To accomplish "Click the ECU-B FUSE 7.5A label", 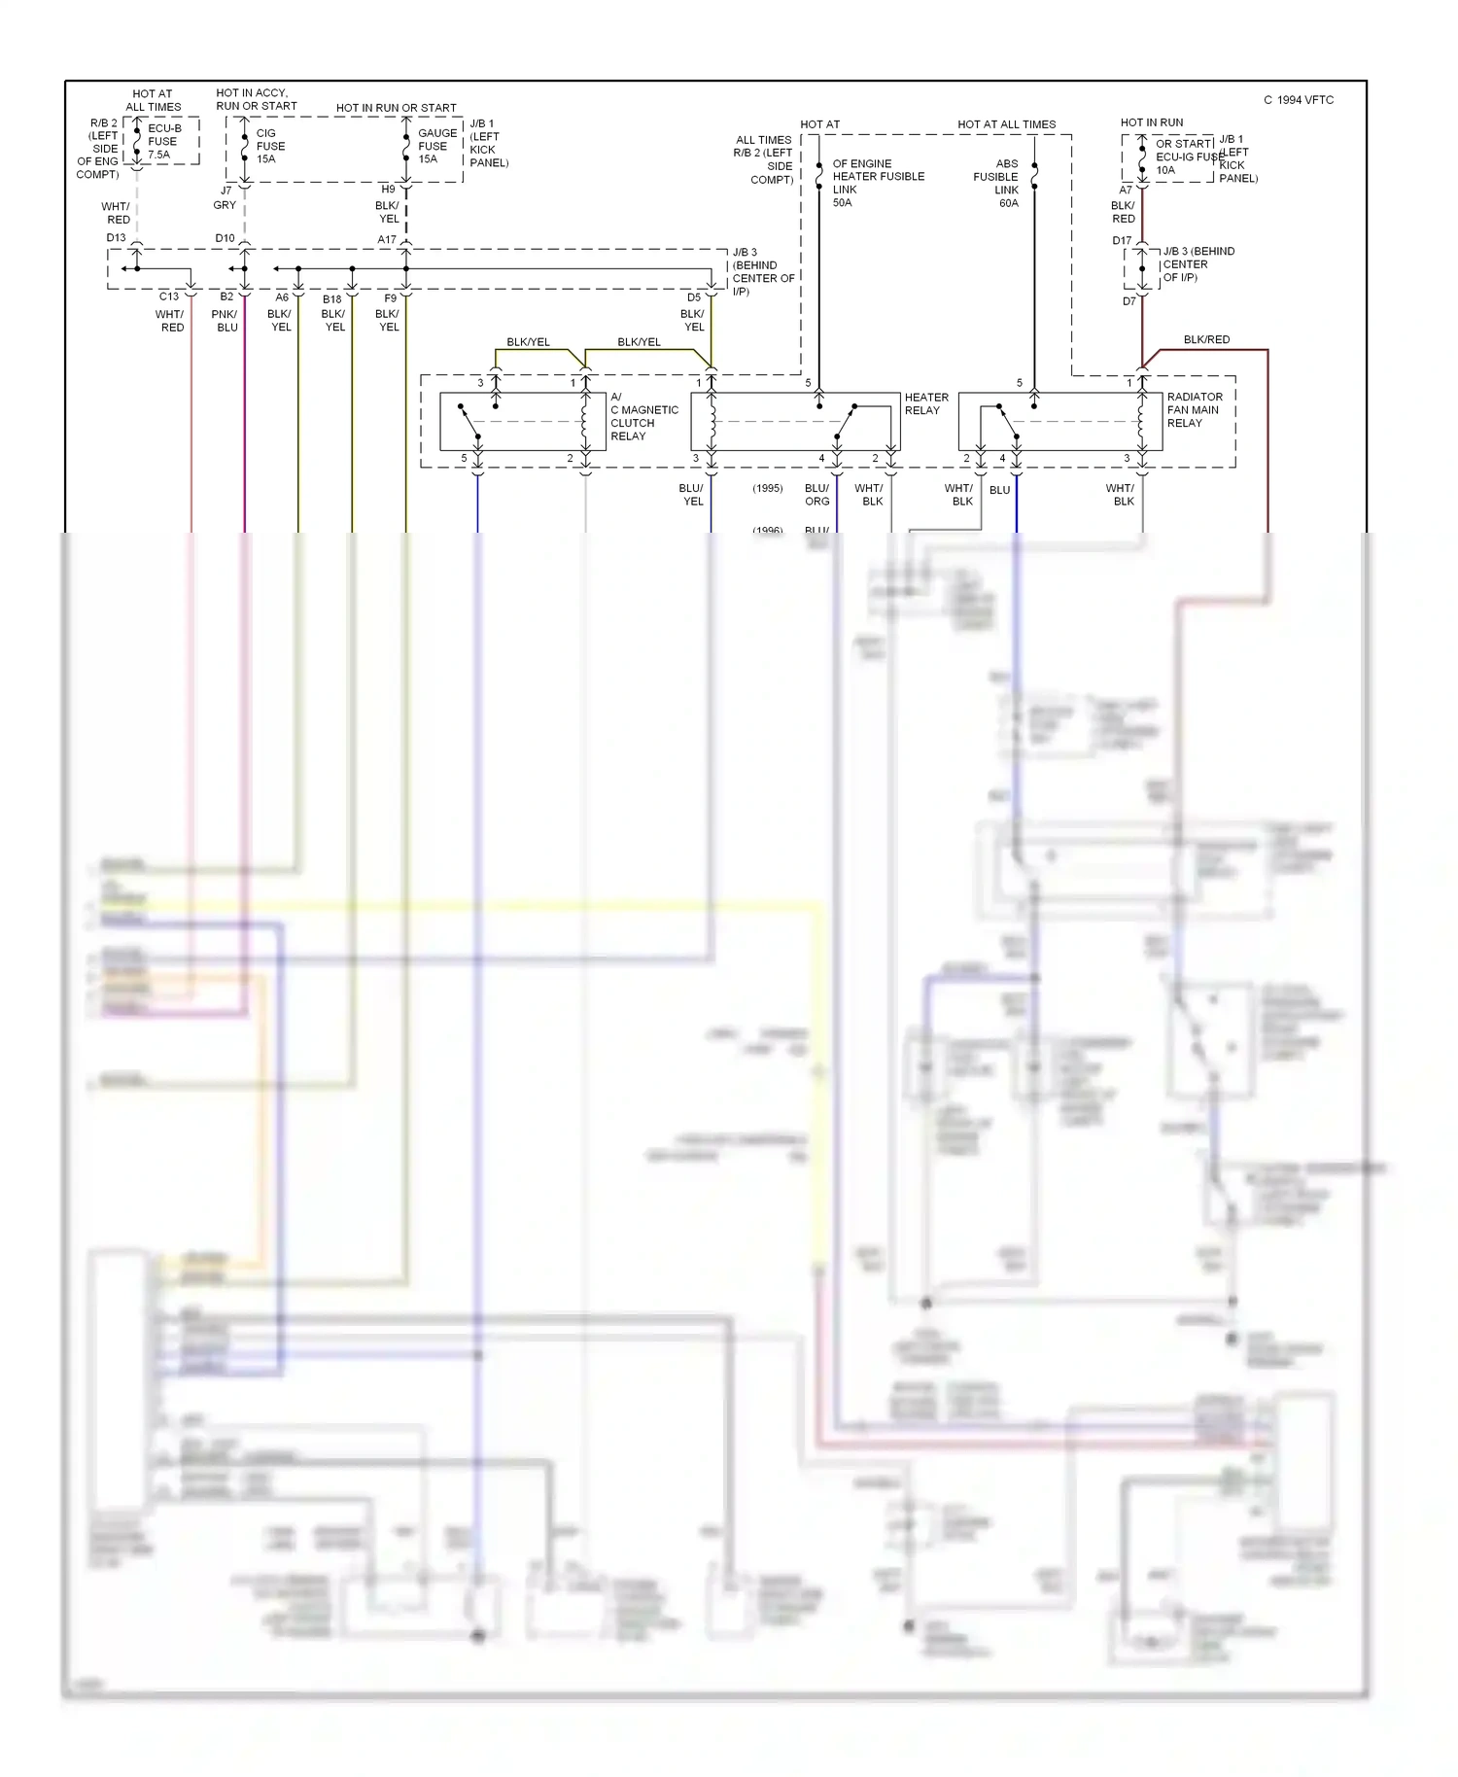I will click(x=162, y=141).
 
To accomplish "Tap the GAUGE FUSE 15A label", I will click(x=436, y=146).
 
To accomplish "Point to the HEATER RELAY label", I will click(x=925, y=403).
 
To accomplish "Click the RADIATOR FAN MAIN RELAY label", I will click(x=1194, y=409).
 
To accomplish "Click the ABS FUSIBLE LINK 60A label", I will click(x=998, y=183).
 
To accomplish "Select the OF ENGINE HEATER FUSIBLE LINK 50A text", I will click(x=876, y=183).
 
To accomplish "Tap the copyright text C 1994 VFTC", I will click(x=1299, y=100).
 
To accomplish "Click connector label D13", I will click(x=116, y=237).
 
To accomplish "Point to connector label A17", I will click(x=387, y=239).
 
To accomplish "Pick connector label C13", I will click(x=168, y=296).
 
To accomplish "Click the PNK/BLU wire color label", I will click(x=225, y=321).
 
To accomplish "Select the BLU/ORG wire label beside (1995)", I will click(x=816, y=495).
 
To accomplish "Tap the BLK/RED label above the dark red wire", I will click(x=1206, y=339).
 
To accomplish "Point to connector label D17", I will click(x=1122, y=240).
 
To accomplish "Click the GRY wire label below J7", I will click(x=225, y=205).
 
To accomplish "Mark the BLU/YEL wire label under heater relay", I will click(x=691, y=495).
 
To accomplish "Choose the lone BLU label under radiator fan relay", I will click(x=999, y=490).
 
